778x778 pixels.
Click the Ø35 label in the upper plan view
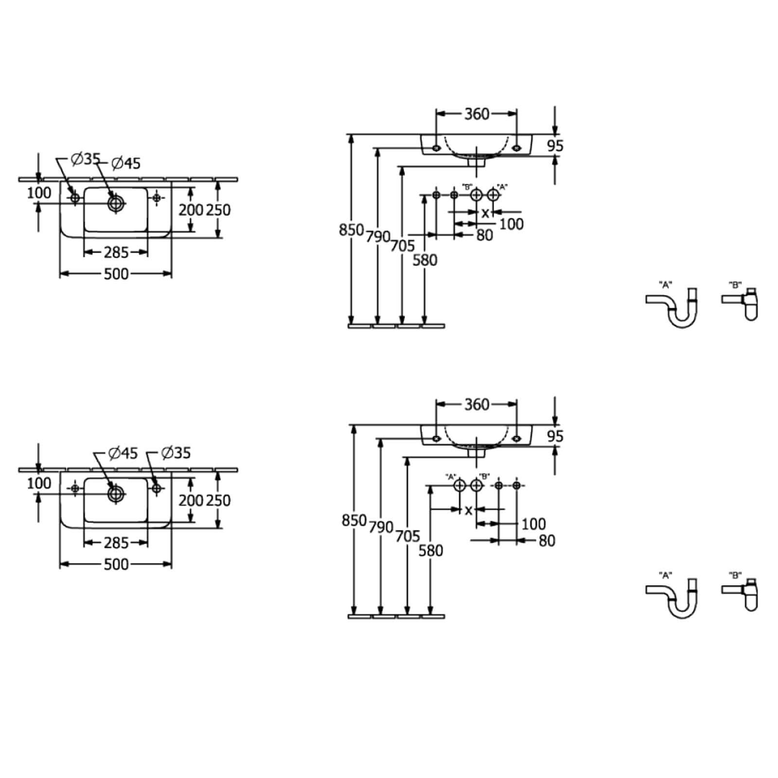point(86,159)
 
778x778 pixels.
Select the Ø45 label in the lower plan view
point(124,453)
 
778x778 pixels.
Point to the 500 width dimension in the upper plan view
point(116,274)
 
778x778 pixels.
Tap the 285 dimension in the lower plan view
point(116,543)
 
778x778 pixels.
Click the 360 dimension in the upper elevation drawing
point(477,114)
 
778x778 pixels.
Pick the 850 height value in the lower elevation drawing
point(354,520)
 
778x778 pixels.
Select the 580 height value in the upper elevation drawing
point(425,260)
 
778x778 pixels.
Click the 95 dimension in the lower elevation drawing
point(555,436)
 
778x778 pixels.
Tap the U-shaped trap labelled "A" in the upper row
point(672,308)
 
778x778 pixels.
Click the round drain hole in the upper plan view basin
point(116,203)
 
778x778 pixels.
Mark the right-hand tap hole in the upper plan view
point(156,197)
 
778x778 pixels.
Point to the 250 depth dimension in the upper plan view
point(218,210)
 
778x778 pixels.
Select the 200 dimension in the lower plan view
point(191,500)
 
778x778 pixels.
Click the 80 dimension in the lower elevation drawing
point(547,541)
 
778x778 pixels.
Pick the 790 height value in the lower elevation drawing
point(381,527)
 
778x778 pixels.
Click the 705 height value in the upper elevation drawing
point(402,246)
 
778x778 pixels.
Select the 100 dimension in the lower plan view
point(39,483)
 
